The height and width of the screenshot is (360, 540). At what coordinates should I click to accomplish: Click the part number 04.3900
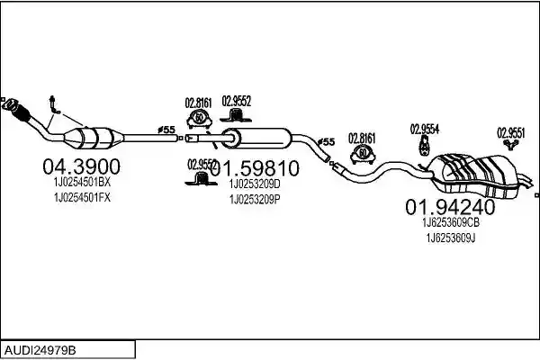click(x=81, y=166)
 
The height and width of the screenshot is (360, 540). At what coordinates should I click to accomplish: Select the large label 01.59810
click(x=255, y=168)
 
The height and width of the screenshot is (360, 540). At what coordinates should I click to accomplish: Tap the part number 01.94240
click(x=450, y=207)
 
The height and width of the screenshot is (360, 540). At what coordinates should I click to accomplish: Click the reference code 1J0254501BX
click(x=82, y=183)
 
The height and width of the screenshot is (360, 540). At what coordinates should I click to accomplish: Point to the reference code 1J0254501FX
click(x=82, y=198)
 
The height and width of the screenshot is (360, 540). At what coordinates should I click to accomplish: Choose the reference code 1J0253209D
click(x=255, y=184)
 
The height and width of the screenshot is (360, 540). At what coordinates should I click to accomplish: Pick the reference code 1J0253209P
click(x=255, y=200)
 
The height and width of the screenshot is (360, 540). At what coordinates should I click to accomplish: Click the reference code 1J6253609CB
click(x=451, y=223)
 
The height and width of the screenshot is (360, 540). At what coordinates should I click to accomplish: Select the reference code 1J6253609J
click(x=451, y=238)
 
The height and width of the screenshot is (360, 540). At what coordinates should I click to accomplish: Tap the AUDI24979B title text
click(x=40, y=351)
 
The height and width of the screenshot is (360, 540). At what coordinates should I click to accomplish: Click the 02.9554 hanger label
click(x=424, y=130)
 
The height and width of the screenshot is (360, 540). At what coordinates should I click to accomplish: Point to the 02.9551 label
click(x=510, y=133)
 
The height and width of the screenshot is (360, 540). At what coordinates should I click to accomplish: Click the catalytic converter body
click(x=94, y=139)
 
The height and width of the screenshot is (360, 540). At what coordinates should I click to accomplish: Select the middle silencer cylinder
click(x=256, y=138)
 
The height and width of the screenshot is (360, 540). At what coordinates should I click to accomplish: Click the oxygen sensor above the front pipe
click(x=54, y=104)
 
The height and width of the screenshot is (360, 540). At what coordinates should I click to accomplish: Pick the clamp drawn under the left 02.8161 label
click(x=199, y=118)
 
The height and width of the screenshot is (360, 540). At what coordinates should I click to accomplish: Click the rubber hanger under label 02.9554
click(x=424, y=145)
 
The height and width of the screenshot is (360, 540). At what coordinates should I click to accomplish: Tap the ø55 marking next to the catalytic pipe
click(x=166, y=130)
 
